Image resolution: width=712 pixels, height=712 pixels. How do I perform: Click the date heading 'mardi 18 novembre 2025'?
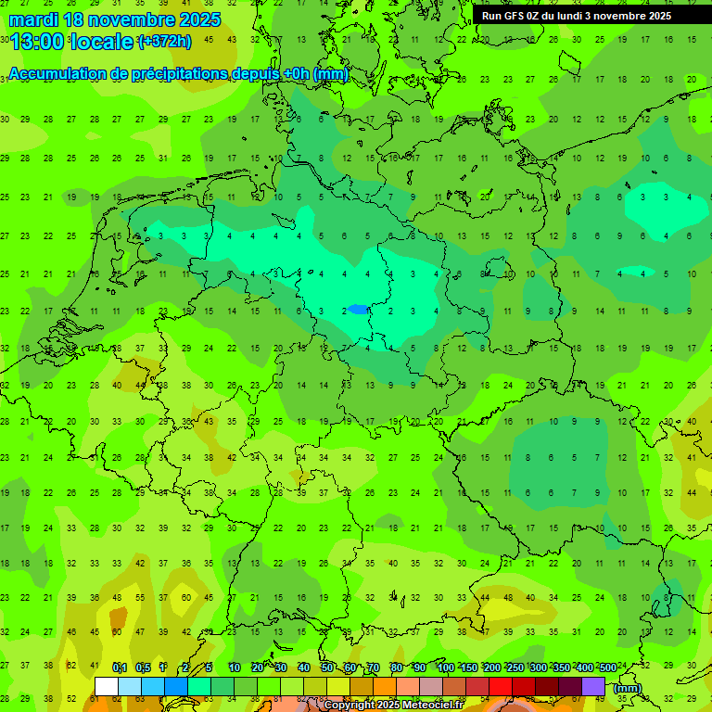pyautogui.click(x=115, y=19)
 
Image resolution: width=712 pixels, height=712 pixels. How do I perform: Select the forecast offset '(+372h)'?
pyautogui.click(x=164, y=42)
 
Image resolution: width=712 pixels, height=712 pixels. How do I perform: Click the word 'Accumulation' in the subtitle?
pyautogui.click(x=55, y=74)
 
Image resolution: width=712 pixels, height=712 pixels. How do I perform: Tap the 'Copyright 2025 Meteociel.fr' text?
pyautogui.click(x=393, y=706)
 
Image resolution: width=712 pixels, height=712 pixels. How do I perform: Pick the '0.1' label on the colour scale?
pyautogui.click(x=120, y=668)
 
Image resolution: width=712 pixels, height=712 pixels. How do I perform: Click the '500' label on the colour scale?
pyautogui.click(x=607, y=668)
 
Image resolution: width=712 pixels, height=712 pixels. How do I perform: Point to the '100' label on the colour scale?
pyautogui.click(x=445, y=668)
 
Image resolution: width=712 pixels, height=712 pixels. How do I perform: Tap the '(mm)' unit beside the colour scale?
pyautogui.click(x=628, y=688)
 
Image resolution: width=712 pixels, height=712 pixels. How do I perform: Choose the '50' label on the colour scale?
pyautogui.click(x=327, y=668)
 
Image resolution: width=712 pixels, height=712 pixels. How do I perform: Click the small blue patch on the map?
pyautogui.click(x=358, y=311)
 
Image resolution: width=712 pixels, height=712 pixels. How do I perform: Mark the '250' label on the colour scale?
pyautogui.click(x=515, y=668)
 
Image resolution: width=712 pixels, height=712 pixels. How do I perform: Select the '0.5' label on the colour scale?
pyautogui.click(x=143, y=668)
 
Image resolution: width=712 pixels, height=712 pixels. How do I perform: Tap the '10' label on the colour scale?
pyautogui.click(x=235, y=668)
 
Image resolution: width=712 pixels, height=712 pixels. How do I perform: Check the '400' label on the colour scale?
pyautogui.click(x=584, y=668)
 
